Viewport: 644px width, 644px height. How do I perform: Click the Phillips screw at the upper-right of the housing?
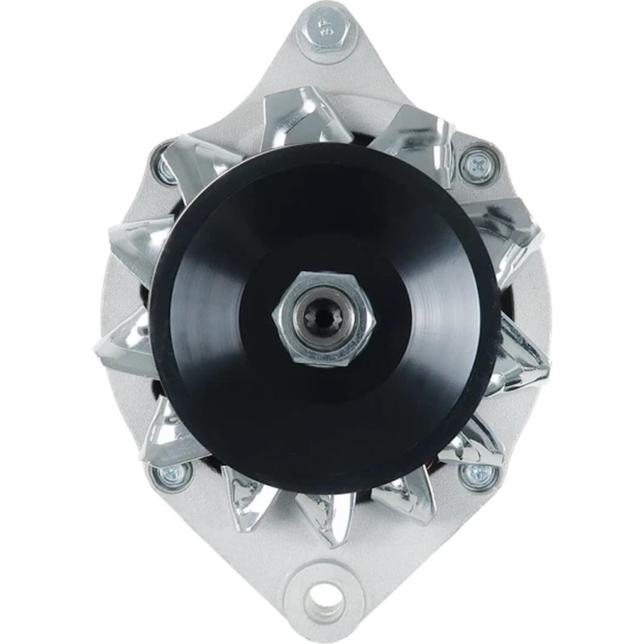(x=477, y=165)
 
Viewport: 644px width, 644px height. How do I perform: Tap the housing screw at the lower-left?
(x=171, y=476)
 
